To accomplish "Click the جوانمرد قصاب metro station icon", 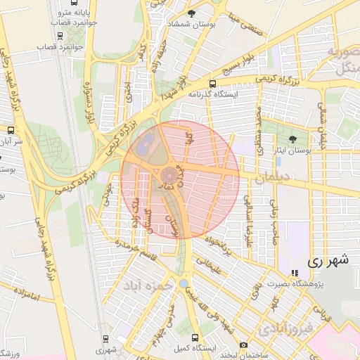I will point(60,35).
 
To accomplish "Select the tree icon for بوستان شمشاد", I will point(192,13).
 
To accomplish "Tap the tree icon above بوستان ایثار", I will point(293,139).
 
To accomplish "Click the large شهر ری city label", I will point(328,259).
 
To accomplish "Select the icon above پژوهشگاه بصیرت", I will point(294,272).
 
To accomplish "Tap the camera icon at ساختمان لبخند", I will point(243,345).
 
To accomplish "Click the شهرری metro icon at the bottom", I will point(106,338).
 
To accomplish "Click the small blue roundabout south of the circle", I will point(184,283).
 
